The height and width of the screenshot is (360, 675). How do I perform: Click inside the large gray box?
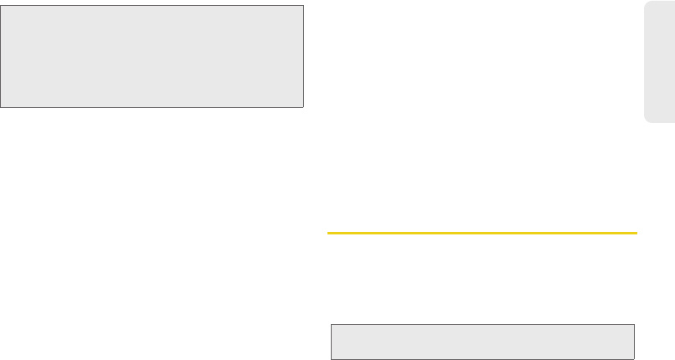[152, 56]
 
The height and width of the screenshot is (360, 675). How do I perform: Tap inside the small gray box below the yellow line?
[482, 341]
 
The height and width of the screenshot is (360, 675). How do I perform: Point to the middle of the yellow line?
[482, 233]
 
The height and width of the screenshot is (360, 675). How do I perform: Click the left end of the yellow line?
[327, 233]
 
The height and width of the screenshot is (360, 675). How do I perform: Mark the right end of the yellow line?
[637, 233]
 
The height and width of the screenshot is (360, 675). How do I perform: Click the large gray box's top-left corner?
[1, 5]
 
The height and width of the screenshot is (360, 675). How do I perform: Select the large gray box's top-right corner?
[302, 5]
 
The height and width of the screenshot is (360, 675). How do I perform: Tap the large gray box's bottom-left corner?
[1, 107]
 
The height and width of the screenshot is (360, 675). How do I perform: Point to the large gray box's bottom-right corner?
[302, 107]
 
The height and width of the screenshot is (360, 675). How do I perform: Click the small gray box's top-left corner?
[331, 324]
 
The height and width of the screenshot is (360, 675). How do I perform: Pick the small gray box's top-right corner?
[635, 324]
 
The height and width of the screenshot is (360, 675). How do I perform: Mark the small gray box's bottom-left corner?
[331, 358]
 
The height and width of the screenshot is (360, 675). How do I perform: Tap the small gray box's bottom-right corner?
[635, 358]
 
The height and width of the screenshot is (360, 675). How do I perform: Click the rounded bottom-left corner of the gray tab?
[647, 121]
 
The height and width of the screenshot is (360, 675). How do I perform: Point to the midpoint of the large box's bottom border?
[152, 107]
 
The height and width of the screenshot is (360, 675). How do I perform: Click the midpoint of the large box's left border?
[1, 56]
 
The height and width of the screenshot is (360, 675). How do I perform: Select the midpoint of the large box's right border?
[302, 56]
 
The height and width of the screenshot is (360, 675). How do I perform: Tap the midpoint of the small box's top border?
[482, 324]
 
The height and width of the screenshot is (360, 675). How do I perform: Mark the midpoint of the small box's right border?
[635, 341]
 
